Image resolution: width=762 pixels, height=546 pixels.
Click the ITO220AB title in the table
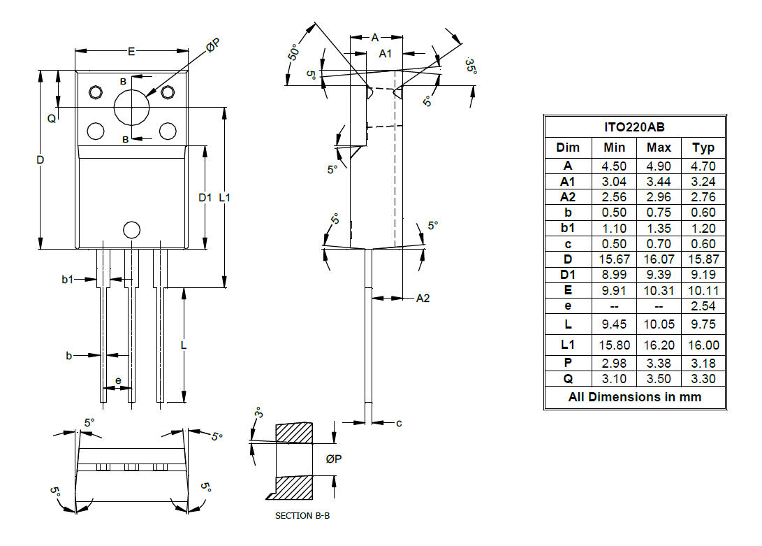pos(634,127)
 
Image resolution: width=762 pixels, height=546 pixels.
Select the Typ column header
pos(703,148)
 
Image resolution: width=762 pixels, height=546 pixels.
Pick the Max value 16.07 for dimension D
pos(659,259)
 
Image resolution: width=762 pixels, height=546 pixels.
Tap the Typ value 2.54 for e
pos(703,306)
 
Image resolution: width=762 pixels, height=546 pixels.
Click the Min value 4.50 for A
pos(614,166)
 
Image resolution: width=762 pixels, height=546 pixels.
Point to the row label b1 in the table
pos(568,228)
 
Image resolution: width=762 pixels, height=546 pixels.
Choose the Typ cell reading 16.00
pos(703,345)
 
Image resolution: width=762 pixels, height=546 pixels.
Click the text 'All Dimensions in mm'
pos(634,396)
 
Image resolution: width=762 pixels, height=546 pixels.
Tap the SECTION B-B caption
pos(302,516)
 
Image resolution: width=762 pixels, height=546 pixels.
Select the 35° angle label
pos(470,66)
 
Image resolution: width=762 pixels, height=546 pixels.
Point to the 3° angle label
pos(258,412)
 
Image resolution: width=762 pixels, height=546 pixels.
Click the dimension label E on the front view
pos(131,51)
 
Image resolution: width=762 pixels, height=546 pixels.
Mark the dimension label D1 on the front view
pos(205,198)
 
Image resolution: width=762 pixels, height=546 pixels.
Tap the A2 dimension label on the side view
pos(423,299)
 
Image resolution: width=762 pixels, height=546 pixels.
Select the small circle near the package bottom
pos(131,229)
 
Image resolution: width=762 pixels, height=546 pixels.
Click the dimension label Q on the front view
pos(51,119)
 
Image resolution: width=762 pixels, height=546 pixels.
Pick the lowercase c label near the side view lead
pos(399,423)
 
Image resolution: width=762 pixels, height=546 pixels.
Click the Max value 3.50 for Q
pos(659,379)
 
